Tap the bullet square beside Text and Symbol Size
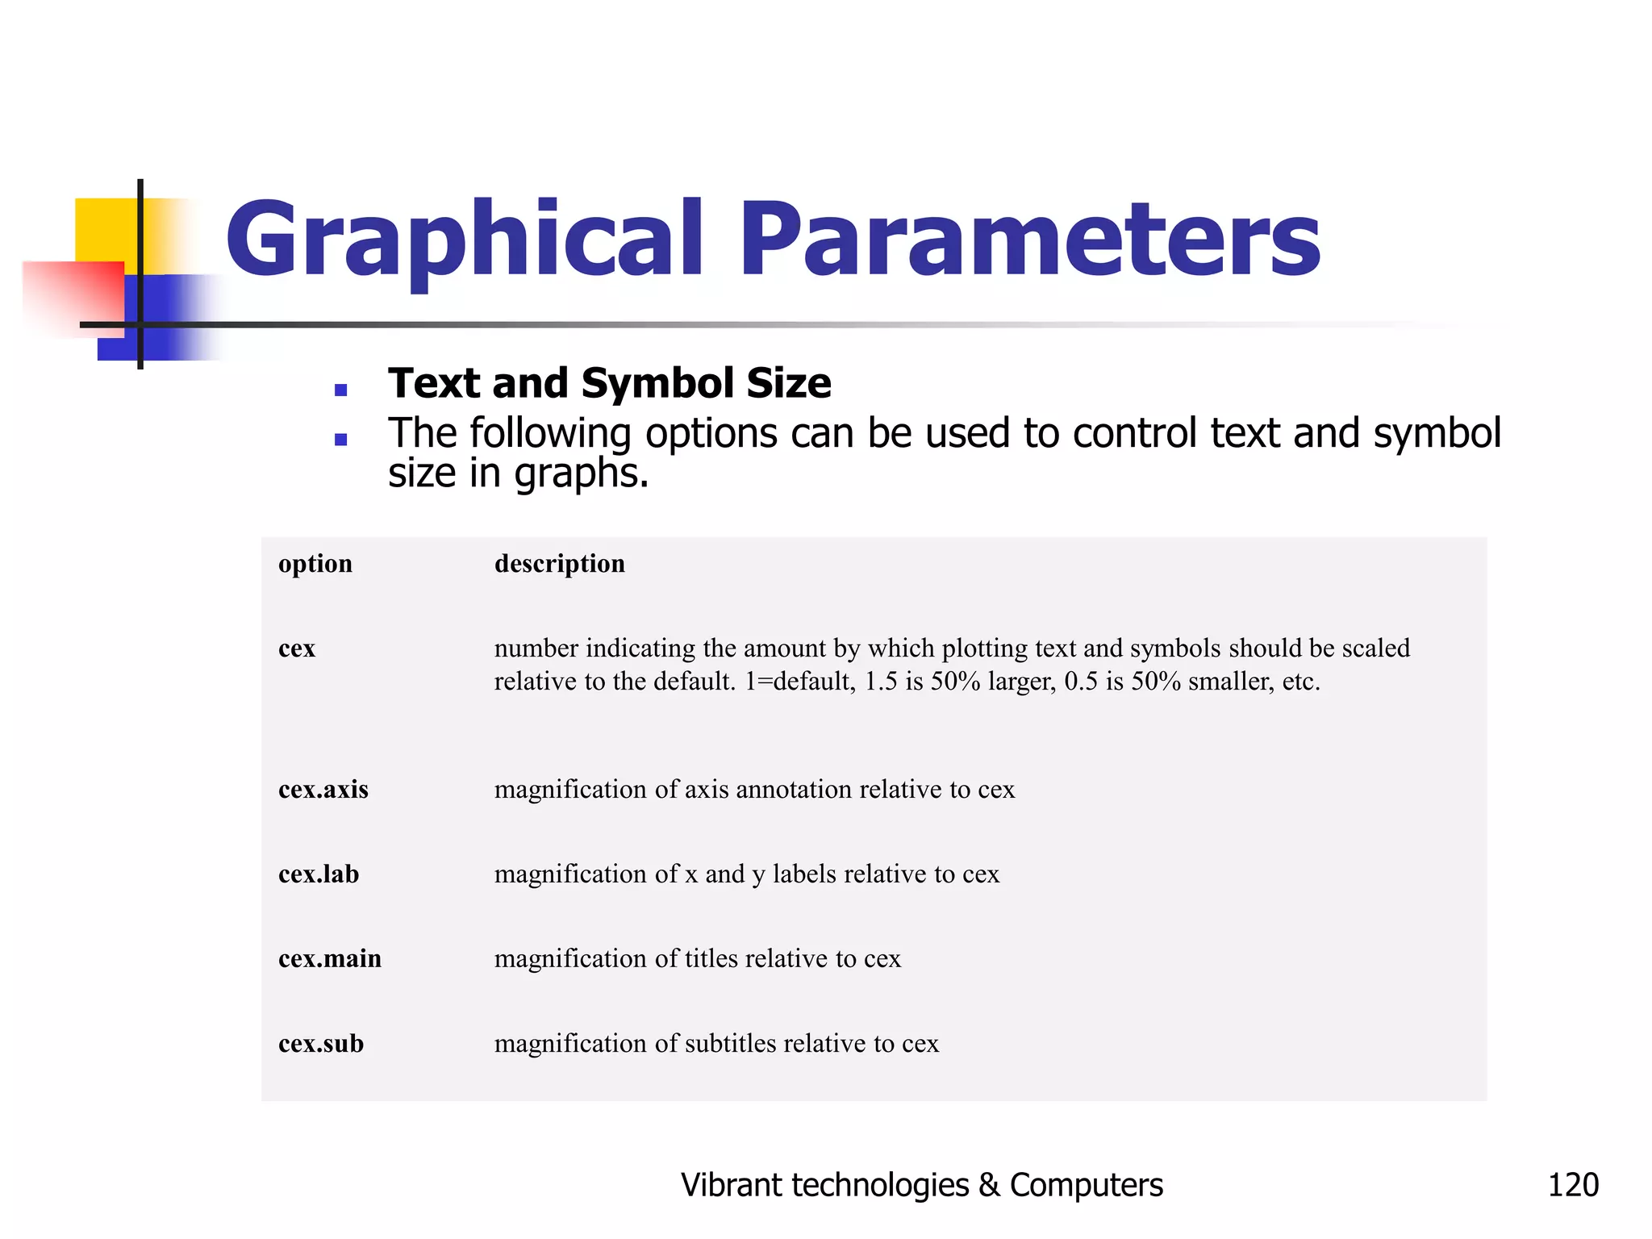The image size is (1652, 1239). click(x=340, y=390)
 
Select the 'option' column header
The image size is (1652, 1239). click(x=315, y=563)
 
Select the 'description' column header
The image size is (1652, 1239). click(x=559, y=564)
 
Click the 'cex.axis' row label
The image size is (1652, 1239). click(x=323, y=789)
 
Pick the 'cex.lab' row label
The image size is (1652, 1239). click(x=319, y=874)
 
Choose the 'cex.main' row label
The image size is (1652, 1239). click(x=329, y=958)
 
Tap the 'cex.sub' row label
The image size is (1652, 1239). click(x=320, y=1043)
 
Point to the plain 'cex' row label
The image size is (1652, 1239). click(x=297, y=649)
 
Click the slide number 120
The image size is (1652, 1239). click(x=1572, y=1185)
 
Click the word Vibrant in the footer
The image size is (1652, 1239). click(x=731, y=1185)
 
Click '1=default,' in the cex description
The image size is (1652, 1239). click(x=799, y=682)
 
